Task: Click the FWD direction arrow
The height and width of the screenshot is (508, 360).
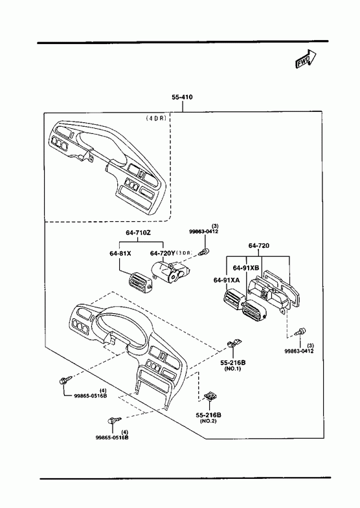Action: click(x=306, y=59)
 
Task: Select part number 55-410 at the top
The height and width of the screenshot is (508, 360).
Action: click(x=182, y=97)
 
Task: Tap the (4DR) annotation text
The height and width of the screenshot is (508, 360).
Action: click(x=156, y=118)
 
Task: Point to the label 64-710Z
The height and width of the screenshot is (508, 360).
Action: click(x=139, y=232)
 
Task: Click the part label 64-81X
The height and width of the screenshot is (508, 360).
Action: click(x=120, y=253)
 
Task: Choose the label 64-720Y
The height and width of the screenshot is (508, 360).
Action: click(x=163, y=253)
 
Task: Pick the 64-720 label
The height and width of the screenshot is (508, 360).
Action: click(x=259, y=245)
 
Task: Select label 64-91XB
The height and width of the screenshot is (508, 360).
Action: click(x=246, y=268)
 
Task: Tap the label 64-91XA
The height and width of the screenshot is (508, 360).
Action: click(x=227, y=280)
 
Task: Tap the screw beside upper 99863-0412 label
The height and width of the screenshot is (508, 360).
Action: click(x=205, y=251)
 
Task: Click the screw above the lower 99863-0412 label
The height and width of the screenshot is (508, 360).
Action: click(x=300, y=332)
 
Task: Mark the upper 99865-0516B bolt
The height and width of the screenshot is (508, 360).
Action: click(x=64, y=381)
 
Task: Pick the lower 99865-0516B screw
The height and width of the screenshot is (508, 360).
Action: click(x=113, y=420)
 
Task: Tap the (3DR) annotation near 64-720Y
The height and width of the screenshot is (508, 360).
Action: click(x=184, y=253)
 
